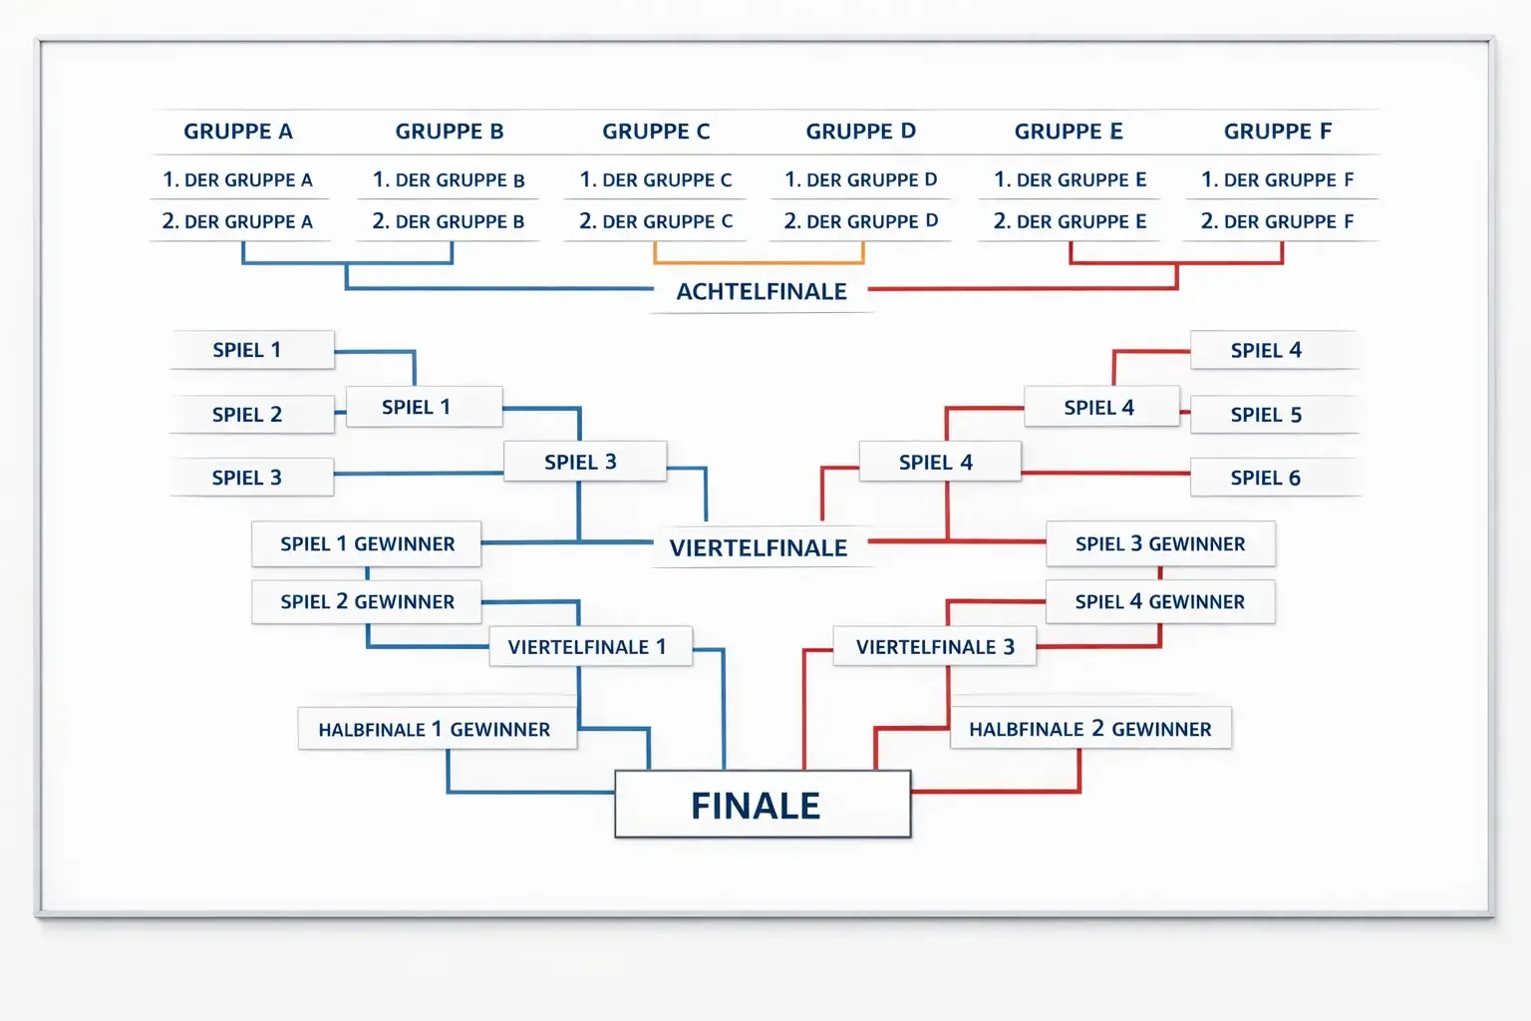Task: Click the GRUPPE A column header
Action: click(238, 132)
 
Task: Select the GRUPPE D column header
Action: click(860, 132)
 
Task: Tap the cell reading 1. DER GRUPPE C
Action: click(656, 180)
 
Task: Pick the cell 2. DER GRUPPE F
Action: click(1277, 221)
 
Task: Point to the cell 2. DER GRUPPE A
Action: click(238, 221)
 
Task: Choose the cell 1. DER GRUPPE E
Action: click(1070, 180)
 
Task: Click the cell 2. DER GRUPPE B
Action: click(449, 221)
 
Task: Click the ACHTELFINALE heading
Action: click(762, 291)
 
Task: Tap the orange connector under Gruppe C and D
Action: click(759, 261)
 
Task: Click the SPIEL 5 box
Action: click(1267, 415)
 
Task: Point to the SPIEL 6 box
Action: click(1267, 478)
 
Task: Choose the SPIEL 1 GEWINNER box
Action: click(367, 544)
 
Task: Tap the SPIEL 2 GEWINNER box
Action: click(367, 602)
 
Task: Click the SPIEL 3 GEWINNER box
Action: click(1160, 544)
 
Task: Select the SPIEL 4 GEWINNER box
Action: click(1160, 602)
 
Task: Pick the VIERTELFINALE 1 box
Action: click(587, 647)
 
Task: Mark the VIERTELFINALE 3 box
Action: click(935, 647)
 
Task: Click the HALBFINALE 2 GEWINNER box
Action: click(1090, 729)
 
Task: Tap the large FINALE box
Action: click(763, 805)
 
